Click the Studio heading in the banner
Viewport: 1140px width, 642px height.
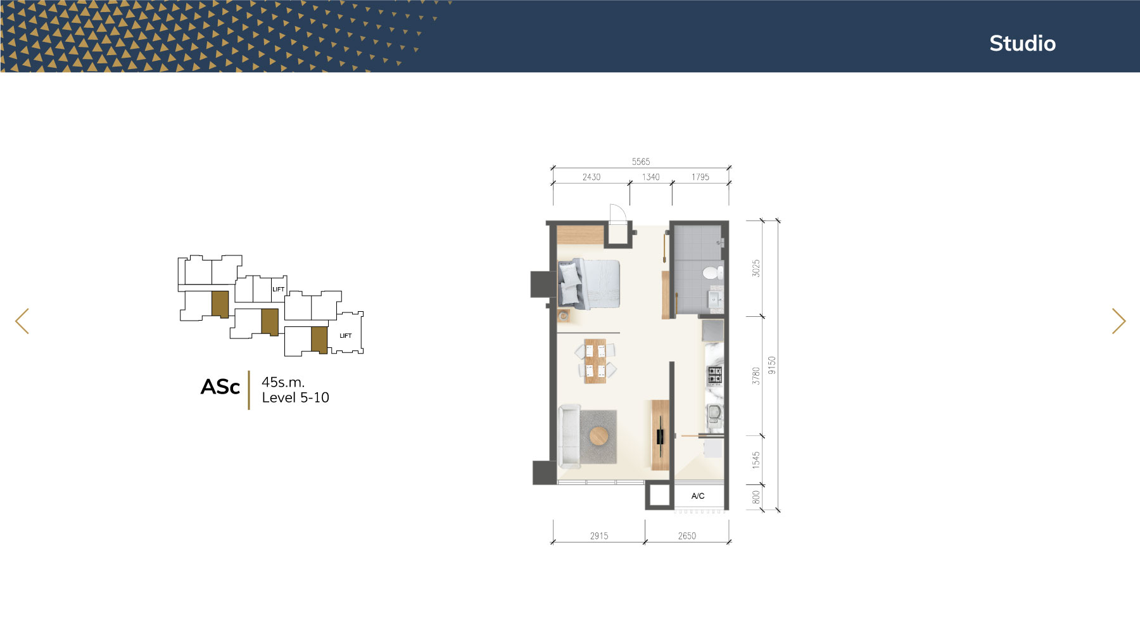coord(1022,43)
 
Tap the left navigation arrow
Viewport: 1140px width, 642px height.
coord(22,321)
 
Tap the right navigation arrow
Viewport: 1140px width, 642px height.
coord(1118,321)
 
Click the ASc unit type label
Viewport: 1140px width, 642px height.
coord(220,387)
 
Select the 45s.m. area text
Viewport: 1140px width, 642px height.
coord(283,382)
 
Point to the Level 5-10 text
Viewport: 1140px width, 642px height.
coord(295,397)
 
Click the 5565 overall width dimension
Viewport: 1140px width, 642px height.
coord(641,162)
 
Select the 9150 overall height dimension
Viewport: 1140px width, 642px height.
coord(771,365)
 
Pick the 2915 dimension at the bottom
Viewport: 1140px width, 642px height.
coord(599,536)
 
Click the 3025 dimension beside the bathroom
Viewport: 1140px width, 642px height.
coord(756,268)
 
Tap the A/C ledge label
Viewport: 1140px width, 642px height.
coord(698,496)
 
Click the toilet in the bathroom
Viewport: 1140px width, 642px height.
coord(712,273)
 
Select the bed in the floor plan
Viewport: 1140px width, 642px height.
coord(588,284)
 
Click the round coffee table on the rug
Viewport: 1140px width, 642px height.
coord(599,436)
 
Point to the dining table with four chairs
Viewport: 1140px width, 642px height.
coord(595,361)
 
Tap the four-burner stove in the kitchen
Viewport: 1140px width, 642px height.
coord(714,375)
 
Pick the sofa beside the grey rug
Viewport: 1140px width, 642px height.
coord(569,436)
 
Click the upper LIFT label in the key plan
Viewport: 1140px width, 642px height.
coord(278,289)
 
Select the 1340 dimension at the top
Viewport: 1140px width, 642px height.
coord(651,177)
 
